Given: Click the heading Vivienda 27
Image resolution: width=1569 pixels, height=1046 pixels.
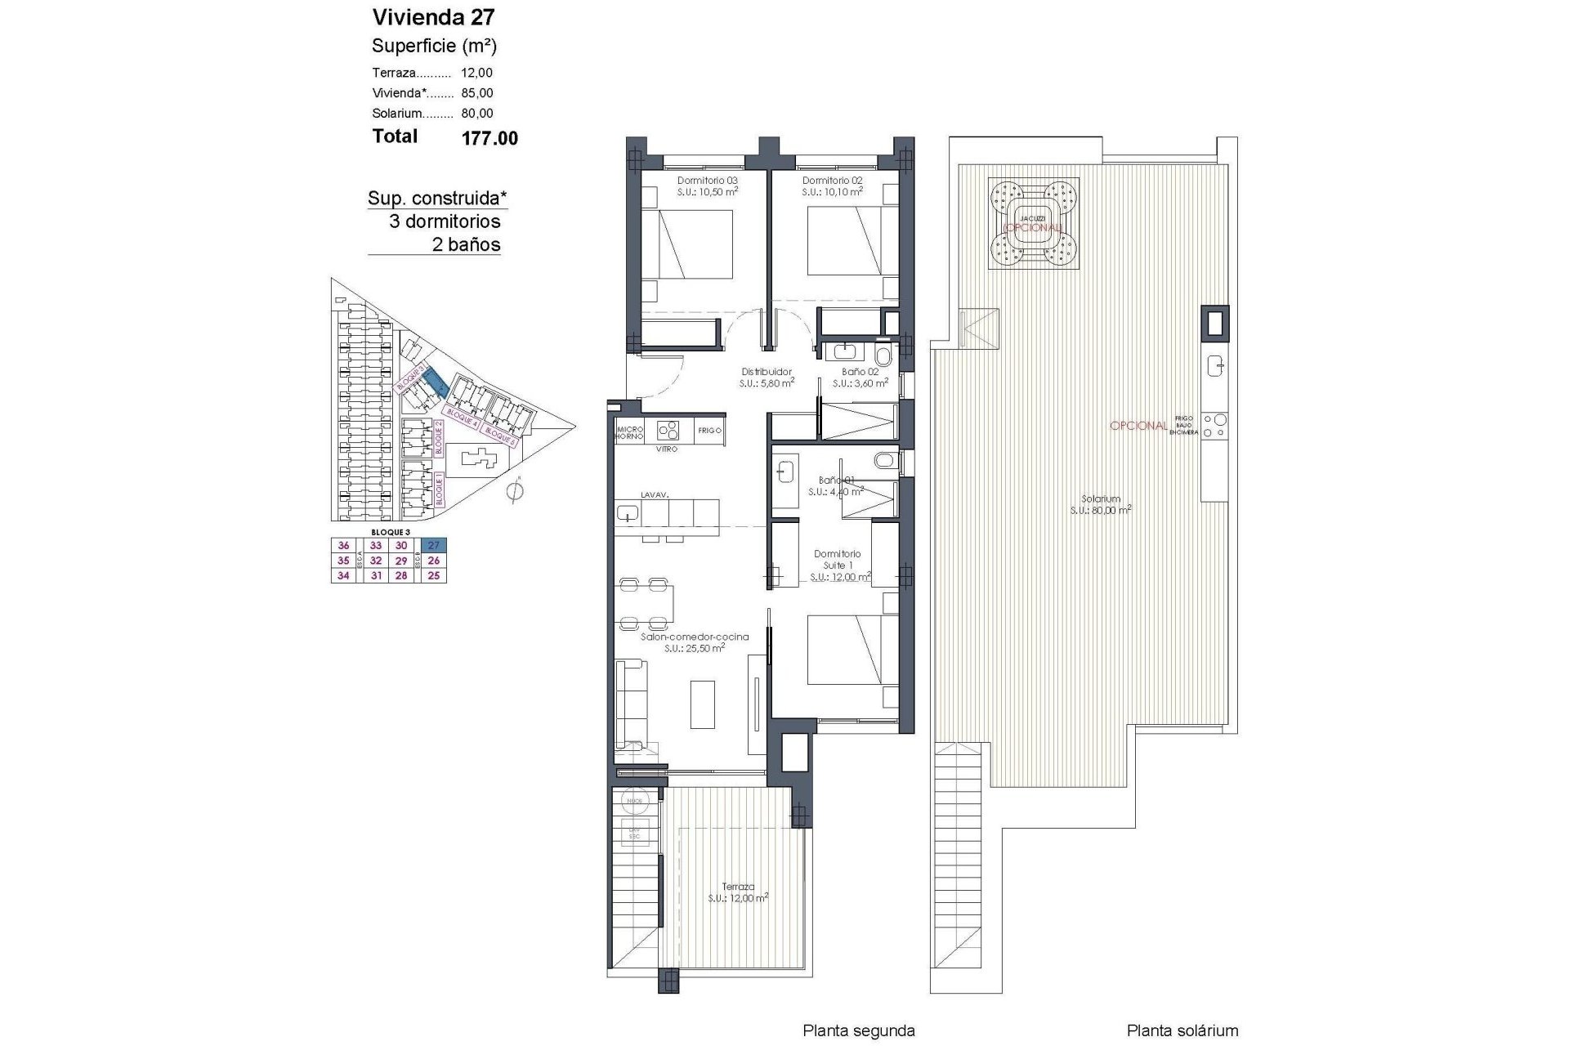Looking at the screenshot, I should [433, 17].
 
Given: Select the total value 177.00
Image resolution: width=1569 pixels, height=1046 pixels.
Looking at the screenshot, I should [489, 138].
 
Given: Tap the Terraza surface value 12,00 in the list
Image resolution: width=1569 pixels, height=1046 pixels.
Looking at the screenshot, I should [476, 73].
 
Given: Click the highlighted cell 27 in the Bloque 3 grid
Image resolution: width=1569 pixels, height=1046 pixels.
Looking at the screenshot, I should [434, 546].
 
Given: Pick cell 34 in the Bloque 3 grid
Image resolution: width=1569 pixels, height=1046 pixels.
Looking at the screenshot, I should [343, 575].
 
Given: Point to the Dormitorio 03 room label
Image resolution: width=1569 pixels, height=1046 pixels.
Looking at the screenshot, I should [707, 181].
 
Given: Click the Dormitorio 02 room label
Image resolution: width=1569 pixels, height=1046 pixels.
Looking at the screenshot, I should [832, 181].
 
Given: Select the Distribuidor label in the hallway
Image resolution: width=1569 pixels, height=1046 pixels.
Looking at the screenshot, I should [767, 372].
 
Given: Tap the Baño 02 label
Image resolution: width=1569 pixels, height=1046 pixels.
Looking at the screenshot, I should [860, 372].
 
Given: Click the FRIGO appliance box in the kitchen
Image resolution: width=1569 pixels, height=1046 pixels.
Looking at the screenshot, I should [709, 431].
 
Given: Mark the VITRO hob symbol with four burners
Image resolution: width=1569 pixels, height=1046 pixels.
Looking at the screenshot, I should [668, 430].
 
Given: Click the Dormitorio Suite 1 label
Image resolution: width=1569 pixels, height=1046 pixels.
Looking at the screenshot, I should [838, 560].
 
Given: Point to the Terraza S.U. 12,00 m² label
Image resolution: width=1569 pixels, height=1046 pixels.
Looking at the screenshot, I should [738, 892].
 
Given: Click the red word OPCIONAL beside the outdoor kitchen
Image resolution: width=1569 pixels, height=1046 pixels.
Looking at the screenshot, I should [1138, 426].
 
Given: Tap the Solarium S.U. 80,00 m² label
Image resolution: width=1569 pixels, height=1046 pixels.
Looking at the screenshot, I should [1101, 504].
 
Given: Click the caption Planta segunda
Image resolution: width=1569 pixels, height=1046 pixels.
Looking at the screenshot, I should [858, 1031].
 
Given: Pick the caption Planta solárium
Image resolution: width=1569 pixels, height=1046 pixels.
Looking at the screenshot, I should [1182, 1031].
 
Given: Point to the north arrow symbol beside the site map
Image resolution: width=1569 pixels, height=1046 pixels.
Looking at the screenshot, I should [515, 492].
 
